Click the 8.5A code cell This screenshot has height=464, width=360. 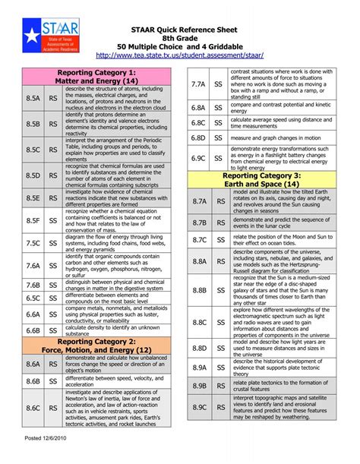click(33, 99)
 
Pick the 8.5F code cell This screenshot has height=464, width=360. click(33, 220)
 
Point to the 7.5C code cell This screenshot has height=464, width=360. click(33, 243)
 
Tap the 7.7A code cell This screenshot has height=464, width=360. click(200, 84)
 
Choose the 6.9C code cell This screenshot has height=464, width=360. click(200, 158)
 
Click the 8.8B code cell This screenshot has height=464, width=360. click(200, 290)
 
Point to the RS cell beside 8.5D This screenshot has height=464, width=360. click(53, 175)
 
